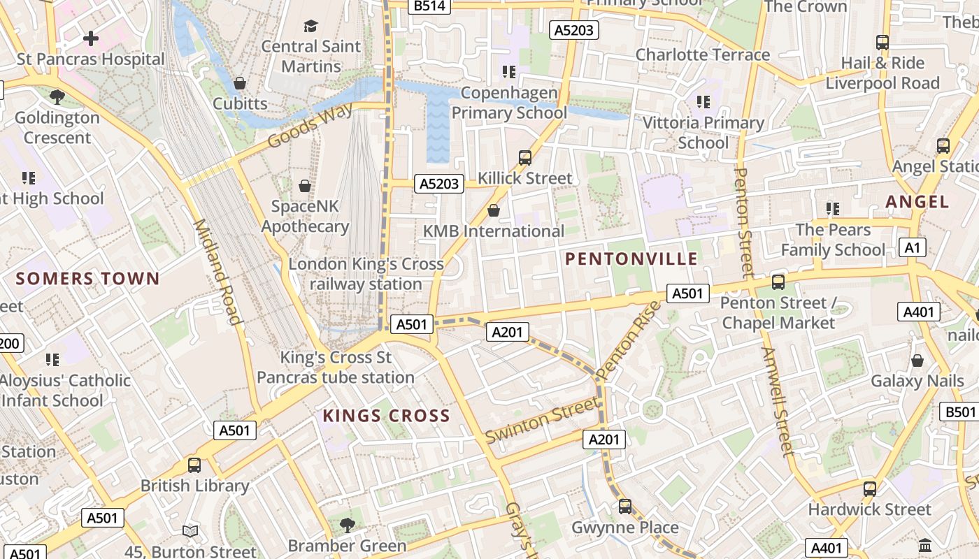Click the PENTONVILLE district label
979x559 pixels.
pyautogui.click(x=631, y=259)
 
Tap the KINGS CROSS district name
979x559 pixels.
pyautogui.click(x=386, y=416)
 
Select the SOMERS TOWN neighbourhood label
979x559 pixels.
pyautogui.click(x=88, y=279)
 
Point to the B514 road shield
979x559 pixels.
pyautogui.click(x=429, y=6)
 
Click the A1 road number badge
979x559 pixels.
pyautogui.click(x=913, y=247)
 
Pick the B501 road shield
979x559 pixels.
pyautogui.click(x=959, y=412)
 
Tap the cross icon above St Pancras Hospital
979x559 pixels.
pyautogui.click(x=91, y=38)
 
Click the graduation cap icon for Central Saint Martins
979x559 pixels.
pyautogui.click(x=310, y=27)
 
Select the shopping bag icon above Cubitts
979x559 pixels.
pyautogui.click(x=240, y=83)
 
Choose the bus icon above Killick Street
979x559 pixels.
pyautogui.click(x=525, y=157)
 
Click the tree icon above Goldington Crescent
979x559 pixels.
pyautogui.click(x=57, y=96)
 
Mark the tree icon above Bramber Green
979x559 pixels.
pyautogui.click(x=347, y=525)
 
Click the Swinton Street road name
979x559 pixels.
pyautogui.click(x=543, y=420)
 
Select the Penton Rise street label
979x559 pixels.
pyautogui.click(x=629, y=340)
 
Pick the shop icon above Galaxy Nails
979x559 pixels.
pyautogui.click(x=917, y=361)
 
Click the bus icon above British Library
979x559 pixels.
pyautogui.click(x=194, y=465)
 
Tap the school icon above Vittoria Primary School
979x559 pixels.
pyautogui.click(x=703, y=102)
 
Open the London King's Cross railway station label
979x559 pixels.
pyautogui.click(x=366, y=274)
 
